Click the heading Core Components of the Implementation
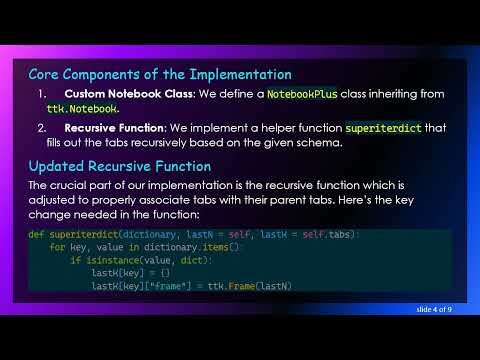[160, 74]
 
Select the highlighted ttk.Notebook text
[82, 108]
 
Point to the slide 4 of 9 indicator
[434, 309]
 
